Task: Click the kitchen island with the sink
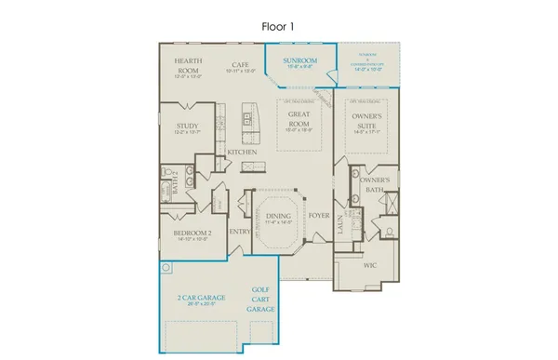(x=247, y=118)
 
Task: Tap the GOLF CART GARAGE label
(x=263, y=299)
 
